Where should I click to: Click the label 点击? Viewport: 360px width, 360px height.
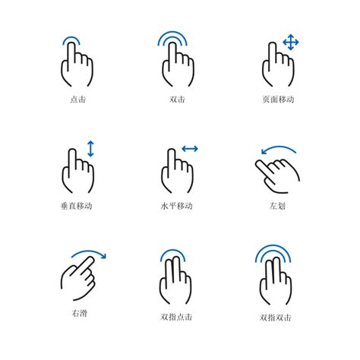[x=77, y=99]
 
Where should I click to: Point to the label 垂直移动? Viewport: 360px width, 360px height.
[x=77, y=206]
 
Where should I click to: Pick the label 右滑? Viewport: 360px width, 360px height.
[x=77, y=312]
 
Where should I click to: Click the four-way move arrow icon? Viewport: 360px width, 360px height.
[x=290, y=42]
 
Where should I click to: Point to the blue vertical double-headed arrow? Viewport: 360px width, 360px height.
[x=90, y=148]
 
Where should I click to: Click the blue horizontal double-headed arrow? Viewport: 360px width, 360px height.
[x=190, y=149]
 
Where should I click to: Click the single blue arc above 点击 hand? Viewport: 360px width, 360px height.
[x=72, y=39]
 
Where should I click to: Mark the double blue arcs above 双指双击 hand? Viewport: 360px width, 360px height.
[x=273, y=252]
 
